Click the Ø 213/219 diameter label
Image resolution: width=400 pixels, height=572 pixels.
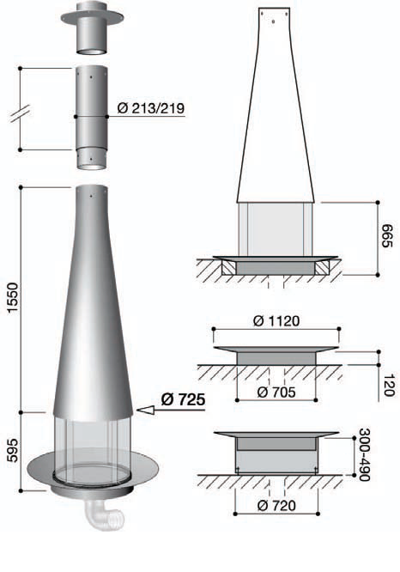[151, 108]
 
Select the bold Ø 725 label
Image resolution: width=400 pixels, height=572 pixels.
[183, 399]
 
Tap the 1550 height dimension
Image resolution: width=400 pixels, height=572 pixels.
[12, 297]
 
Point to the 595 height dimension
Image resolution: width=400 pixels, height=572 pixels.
[12, 450]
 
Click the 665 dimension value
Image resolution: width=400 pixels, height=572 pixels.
[387, 236]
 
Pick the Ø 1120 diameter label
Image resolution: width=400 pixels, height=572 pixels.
[276, 321]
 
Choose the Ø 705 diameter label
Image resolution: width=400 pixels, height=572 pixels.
[276, 392]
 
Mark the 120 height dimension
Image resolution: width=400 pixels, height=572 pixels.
[389, 385]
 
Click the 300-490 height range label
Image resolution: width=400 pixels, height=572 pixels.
[365, 454]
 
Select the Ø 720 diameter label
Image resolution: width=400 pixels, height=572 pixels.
[276, 506]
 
